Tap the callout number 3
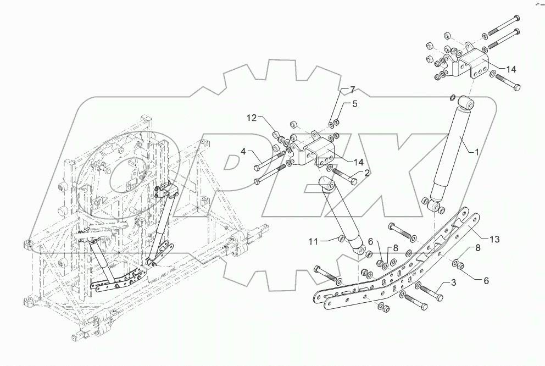454,283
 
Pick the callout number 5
355,103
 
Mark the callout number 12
251,117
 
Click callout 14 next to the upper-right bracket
511,69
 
